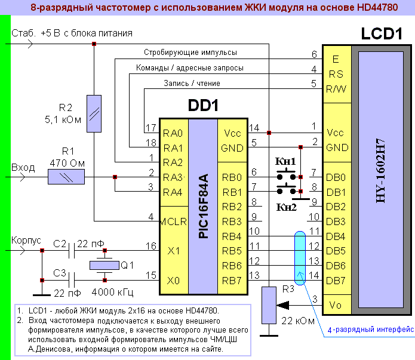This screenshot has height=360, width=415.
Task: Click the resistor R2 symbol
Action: point(94,112)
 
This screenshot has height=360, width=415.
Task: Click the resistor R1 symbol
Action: point(66,177)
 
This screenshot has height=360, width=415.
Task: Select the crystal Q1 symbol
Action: point(105,265)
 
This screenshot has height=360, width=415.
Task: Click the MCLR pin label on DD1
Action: point(174,222)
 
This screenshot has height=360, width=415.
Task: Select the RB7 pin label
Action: point(232,279)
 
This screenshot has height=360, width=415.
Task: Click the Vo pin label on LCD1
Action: point(336,305)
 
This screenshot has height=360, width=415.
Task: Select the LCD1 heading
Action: point(381,34)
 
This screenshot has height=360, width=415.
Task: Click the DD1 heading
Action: point(203,106)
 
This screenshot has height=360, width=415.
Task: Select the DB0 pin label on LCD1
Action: point(336,177)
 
